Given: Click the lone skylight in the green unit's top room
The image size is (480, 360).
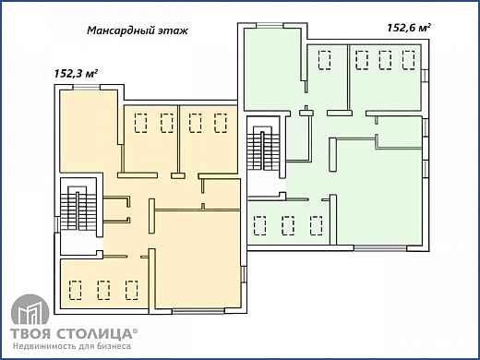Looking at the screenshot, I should [325, 60].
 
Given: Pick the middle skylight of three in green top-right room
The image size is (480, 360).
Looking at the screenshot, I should [385, 60].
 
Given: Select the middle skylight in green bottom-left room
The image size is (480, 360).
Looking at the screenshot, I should [289, 224].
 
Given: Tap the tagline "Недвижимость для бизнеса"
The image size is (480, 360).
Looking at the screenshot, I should [72, 347].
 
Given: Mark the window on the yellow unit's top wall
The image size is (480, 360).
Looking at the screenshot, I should [88, 87].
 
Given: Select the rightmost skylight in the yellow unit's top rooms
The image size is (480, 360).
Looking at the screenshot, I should [221, 122].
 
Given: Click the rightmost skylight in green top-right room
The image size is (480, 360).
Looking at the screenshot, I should [407, 60].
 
